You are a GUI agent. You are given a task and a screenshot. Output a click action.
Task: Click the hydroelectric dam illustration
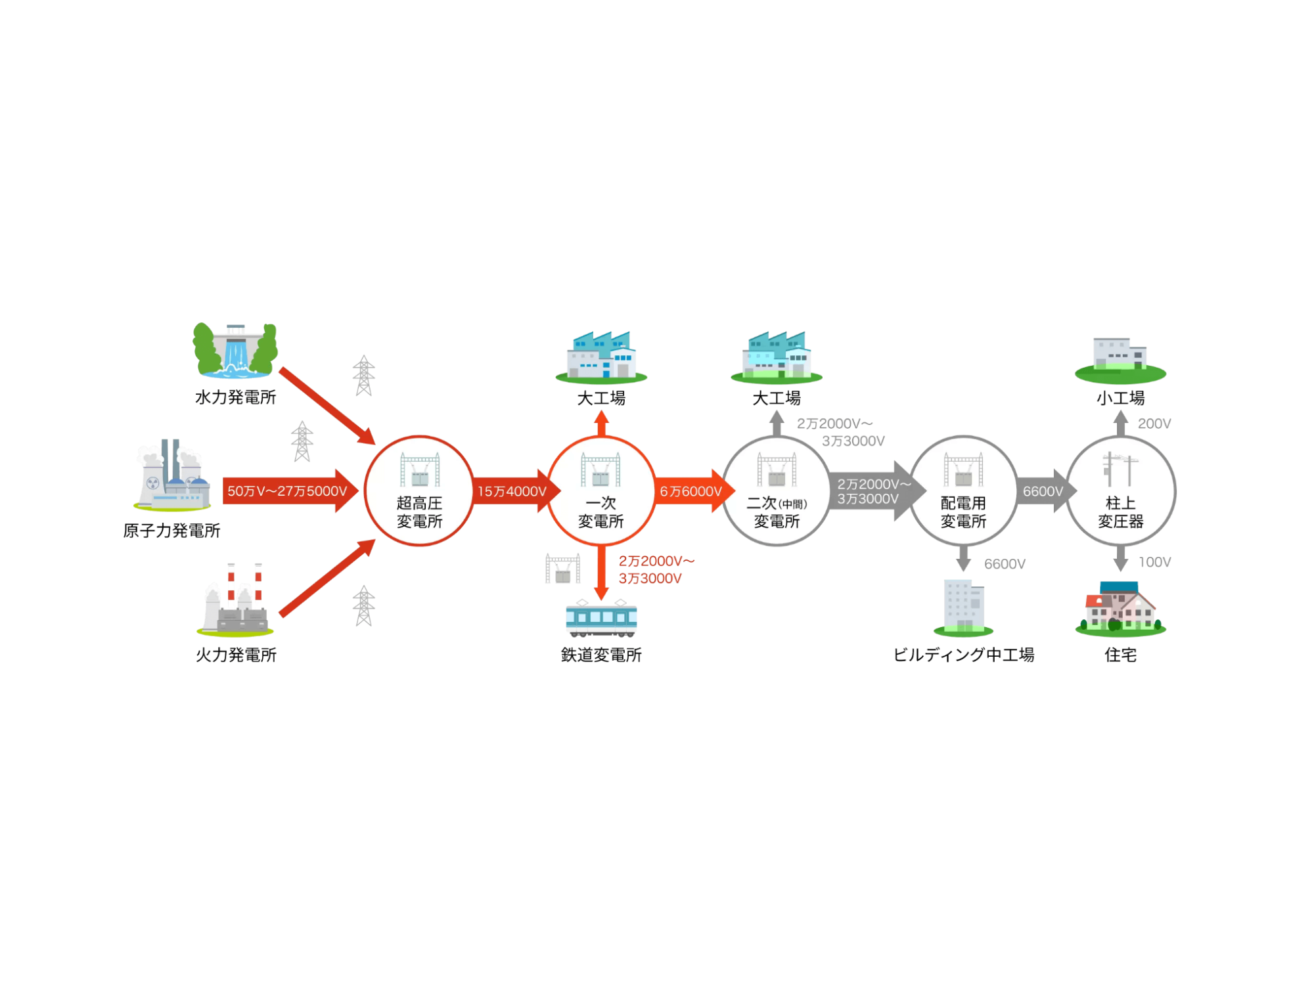(235, 351)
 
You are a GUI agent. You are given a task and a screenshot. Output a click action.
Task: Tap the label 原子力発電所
(171, 531)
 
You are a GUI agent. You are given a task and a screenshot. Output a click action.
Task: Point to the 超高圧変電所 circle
(419, 491)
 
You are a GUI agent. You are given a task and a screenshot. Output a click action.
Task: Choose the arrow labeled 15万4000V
(512, 491)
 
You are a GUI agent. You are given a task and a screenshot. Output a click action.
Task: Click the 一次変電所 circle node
(600, 491)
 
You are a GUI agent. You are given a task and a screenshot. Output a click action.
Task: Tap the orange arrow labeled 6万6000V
(691, 491)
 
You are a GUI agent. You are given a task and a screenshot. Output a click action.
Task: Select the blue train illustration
(601, 619)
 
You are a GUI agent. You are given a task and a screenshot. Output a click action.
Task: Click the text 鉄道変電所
(601, 655)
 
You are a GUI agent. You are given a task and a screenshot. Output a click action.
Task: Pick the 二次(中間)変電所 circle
(777, 491)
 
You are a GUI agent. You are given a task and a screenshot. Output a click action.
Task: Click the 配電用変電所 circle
(963, 491)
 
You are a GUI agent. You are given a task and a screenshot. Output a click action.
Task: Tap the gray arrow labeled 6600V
(1043, 491)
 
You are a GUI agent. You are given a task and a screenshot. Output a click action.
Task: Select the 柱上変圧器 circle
(1121, 491)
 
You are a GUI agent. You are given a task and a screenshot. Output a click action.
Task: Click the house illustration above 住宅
(1121, 608)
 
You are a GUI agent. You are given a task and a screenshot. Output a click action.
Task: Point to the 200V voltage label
(1154, 424)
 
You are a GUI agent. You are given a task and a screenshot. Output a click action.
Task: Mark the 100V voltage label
(1154, 562)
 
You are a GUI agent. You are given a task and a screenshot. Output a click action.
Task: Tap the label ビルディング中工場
(963, 655)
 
